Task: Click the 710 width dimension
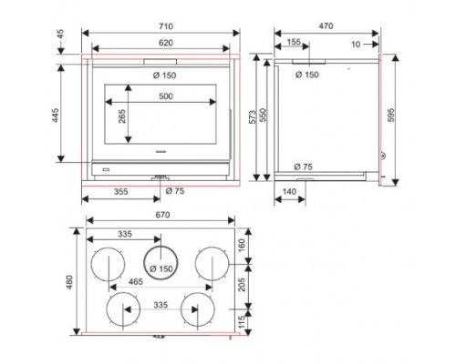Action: click(166, 26)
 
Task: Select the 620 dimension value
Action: click(166, 43)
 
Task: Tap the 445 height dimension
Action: click(56, 116)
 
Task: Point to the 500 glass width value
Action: click(166, 96)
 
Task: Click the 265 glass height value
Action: click(122, 116)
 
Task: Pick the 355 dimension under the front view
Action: click(121, 192)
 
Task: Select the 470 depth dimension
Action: click(326, 26)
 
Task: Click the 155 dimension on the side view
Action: click(294, 42)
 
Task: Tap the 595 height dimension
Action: click(391, 116)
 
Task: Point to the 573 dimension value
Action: click(253, 116)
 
